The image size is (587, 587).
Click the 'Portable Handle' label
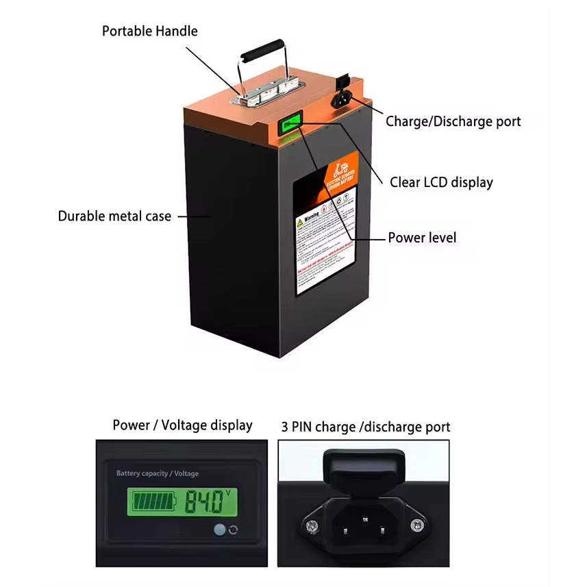point(149,31)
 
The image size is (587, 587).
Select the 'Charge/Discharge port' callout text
point(453,121)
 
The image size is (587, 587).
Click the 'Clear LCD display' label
point(440,182)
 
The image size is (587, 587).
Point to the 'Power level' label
point(421,238)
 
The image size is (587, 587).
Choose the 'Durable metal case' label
point(114,216)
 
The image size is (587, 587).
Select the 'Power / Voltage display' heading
point(182,425)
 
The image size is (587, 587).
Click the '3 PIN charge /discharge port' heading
point(365,427)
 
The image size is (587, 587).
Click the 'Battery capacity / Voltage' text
point(158,473)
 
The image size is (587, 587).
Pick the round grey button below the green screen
point(220,529)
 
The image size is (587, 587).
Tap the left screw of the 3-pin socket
point(312,525)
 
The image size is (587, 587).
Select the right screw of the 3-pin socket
point(416,525)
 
